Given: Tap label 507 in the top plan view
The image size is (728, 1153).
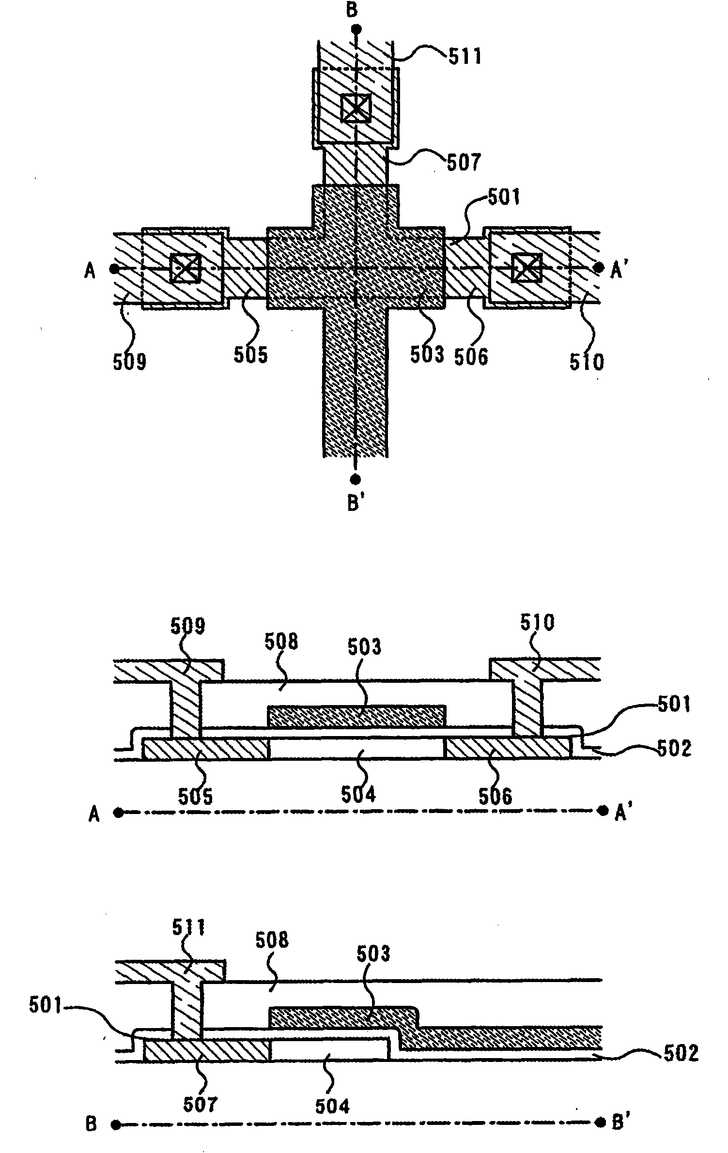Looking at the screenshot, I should point(463,162).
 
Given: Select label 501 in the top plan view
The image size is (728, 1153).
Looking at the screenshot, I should point(503,198).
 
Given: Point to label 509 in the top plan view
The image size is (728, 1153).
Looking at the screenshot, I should point(129,361).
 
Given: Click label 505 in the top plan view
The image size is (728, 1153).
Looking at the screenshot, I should point(250,355).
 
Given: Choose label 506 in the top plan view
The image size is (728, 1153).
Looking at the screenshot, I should point(471,357).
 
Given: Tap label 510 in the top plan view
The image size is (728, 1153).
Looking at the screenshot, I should point(587,362).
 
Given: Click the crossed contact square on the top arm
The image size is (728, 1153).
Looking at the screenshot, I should point(356,108).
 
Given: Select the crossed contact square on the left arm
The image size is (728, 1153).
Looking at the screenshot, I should point(185,268).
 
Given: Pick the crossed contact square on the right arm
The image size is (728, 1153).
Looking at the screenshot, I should point(527,268).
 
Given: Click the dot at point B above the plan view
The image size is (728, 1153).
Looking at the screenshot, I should point(356,29).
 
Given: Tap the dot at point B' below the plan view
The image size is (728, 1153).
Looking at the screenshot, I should point(356,479).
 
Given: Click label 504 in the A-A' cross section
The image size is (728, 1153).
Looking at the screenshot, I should point(358,794).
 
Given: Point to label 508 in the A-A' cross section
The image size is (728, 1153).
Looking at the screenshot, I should point(281,642).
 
